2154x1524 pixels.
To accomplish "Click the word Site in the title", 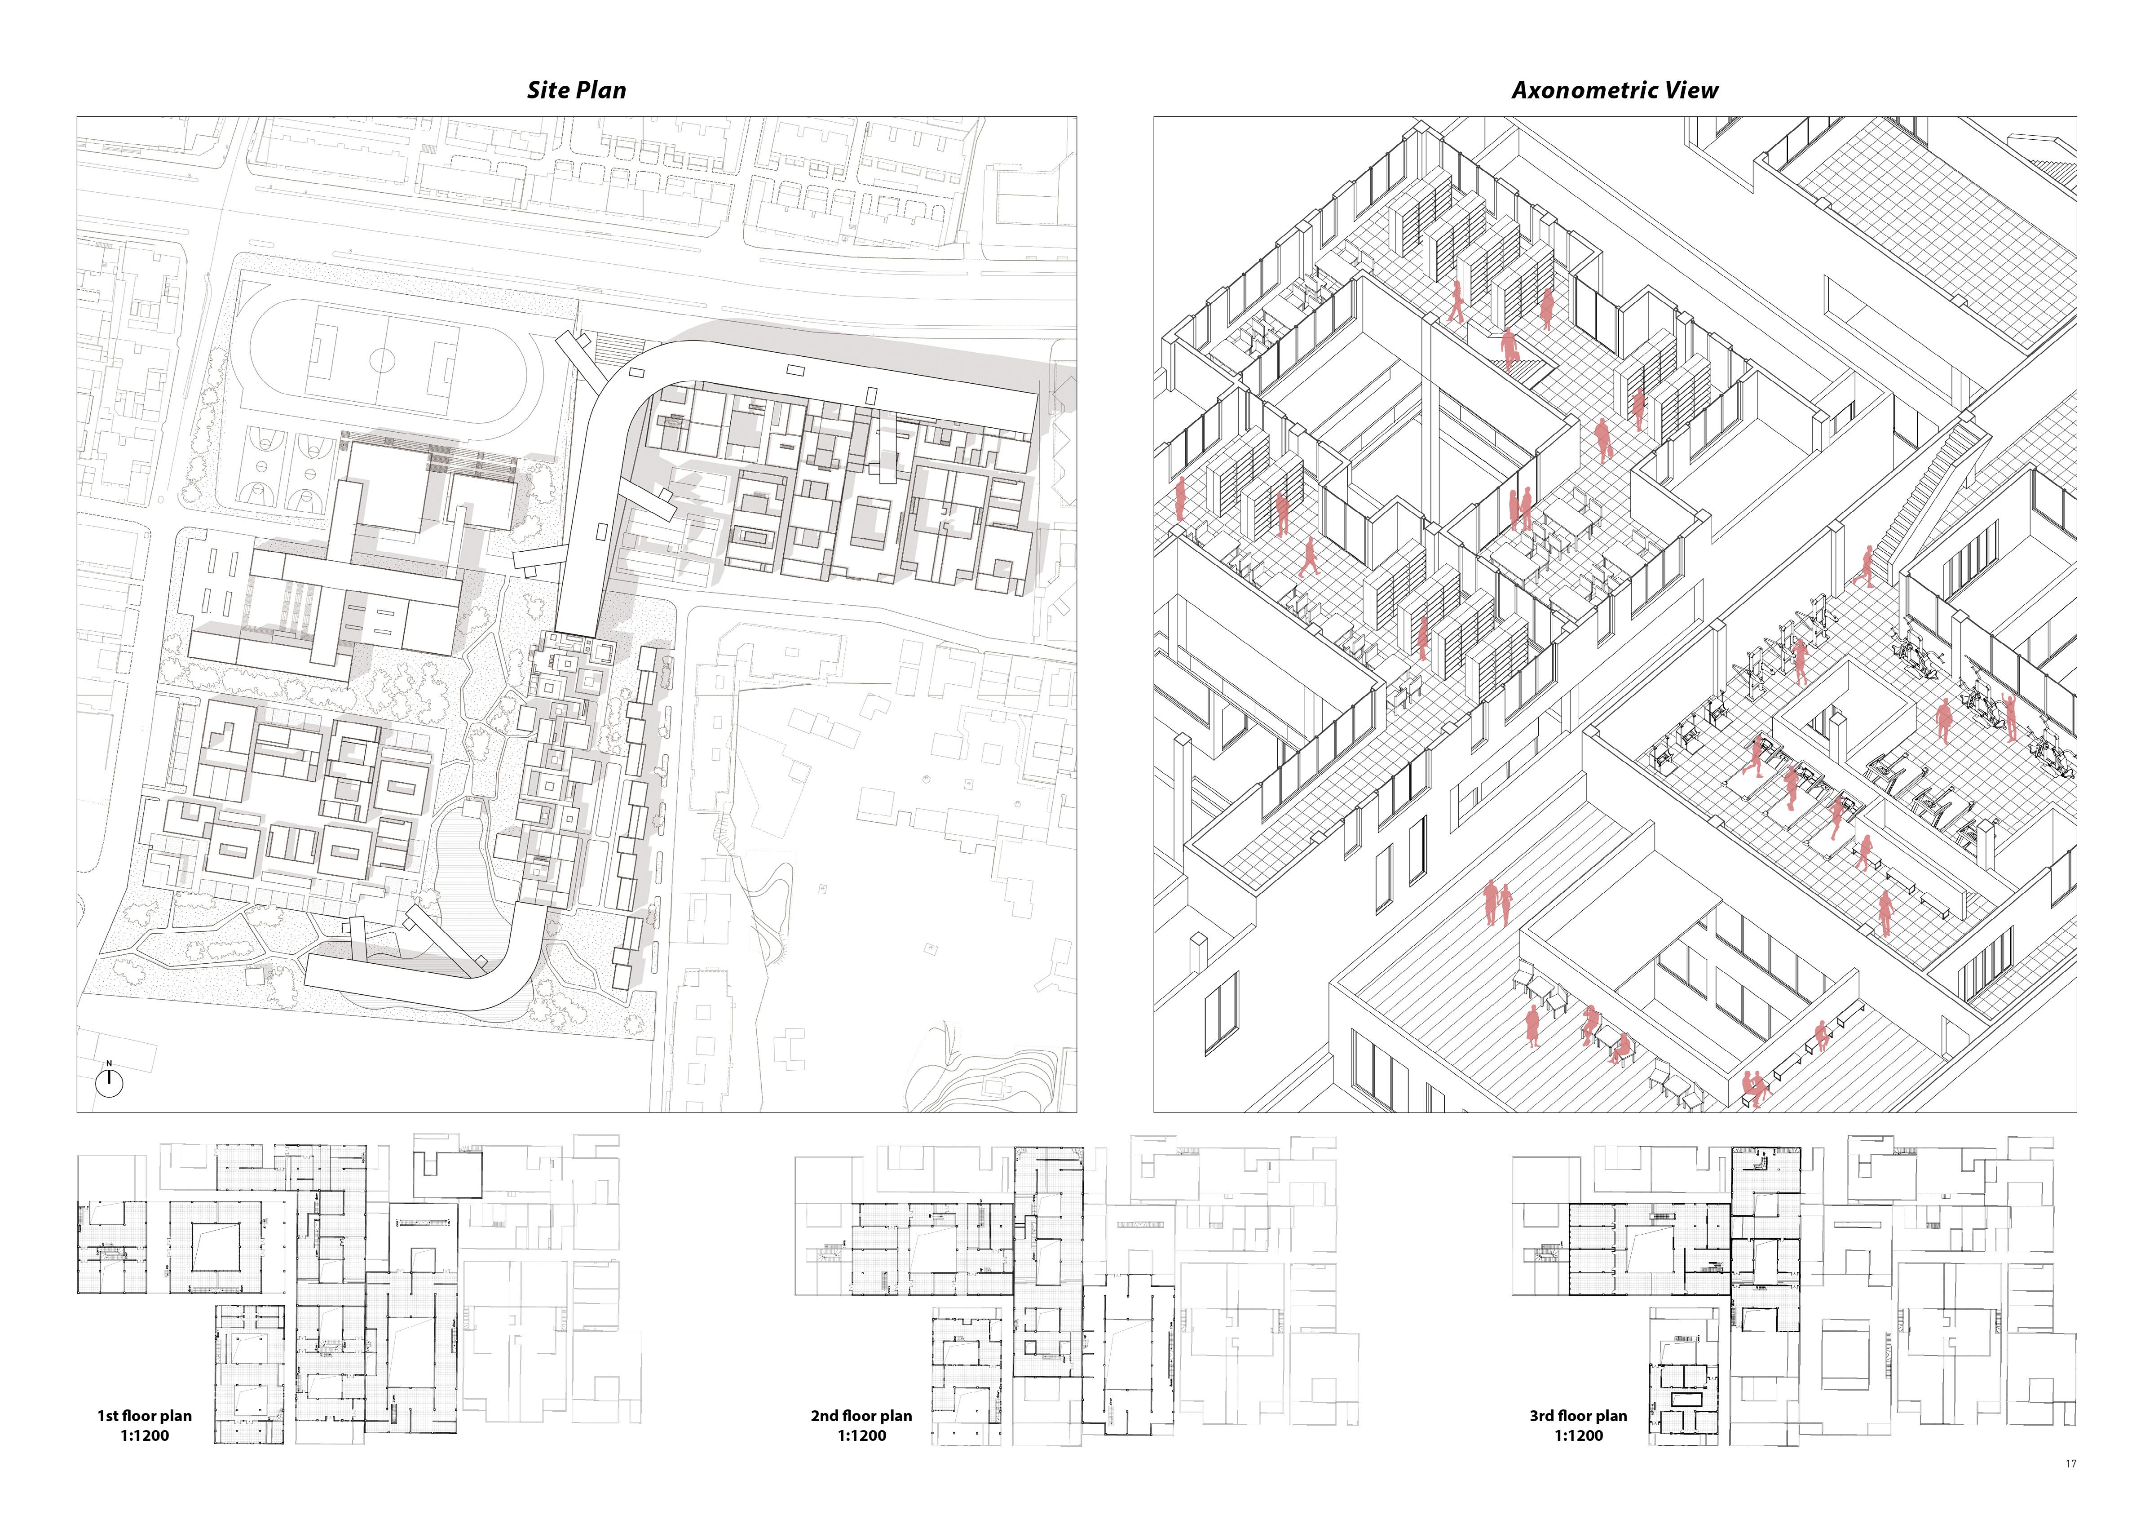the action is click(548, 90).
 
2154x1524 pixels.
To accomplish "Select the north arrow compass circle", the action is click(110, 1083).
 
